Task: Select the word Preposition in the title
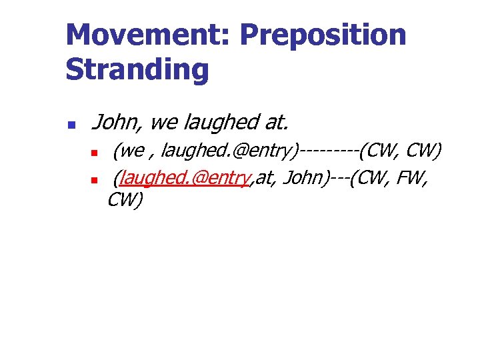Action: pos(323,35)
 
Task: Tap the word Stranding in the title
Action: pos(137,69)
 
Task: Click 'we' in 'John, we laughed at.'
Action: pos(164,123)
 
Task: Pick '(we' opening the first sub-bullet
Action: pos(128,152)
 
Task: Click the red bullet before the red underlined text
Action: pos(95,180)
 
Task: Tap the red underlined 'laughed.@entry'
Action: pos(184,178)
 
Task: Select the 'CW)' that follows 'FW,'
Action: pos(125,200)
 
